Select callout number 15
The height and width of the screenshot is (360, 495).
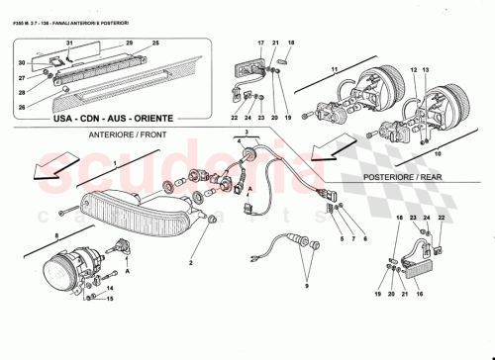pos(110,298)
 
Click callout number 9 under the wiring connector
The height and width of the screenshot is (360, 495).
pos(306,286)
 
